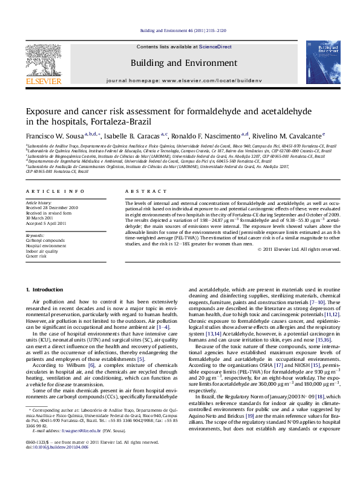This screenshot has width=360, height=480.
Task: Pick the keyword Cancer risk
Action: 36,256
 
